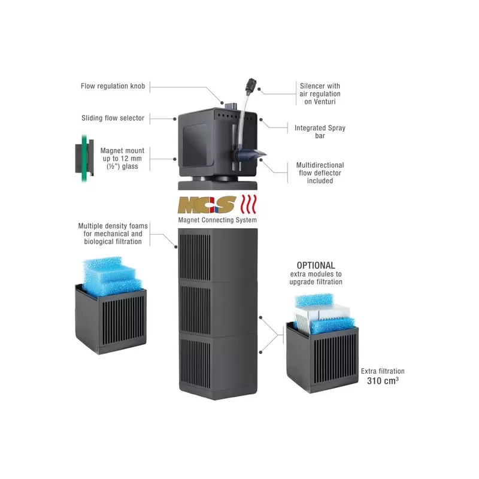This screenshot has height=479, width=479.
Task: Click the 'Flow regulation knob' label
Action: coord(113,86)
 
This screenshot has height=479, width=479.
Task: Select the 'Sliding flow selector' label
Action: coord(113,118)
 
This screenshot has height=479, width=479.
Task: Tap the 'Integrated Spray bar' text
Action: coord(320,132)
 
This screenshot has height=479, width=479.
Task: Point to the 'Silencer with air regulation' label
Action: coord(320,94)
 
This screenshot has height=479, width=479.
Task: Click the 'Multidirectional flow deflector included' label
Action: coord(320,172)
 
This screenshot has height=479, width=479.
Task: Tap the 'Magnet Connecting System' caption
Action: coord(217,220)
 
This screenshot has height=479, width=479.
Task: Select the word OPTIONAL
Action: coord(316,265)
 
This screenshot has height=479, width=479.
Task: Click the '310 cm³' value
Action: coord(384,380)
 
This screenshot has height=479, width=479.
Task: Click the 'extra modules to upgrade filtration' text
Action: coord(316,278)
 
